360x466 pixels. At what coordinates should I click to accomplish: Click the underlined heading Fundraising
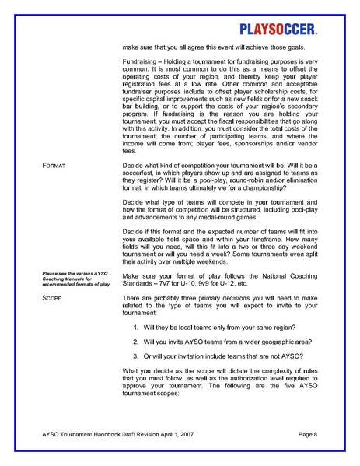coord(140,62)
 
